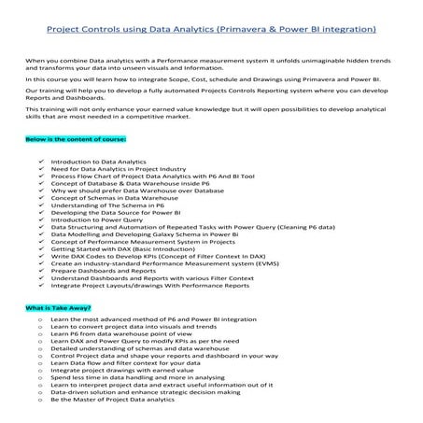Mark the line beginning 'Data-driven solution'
click(140, 394)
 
